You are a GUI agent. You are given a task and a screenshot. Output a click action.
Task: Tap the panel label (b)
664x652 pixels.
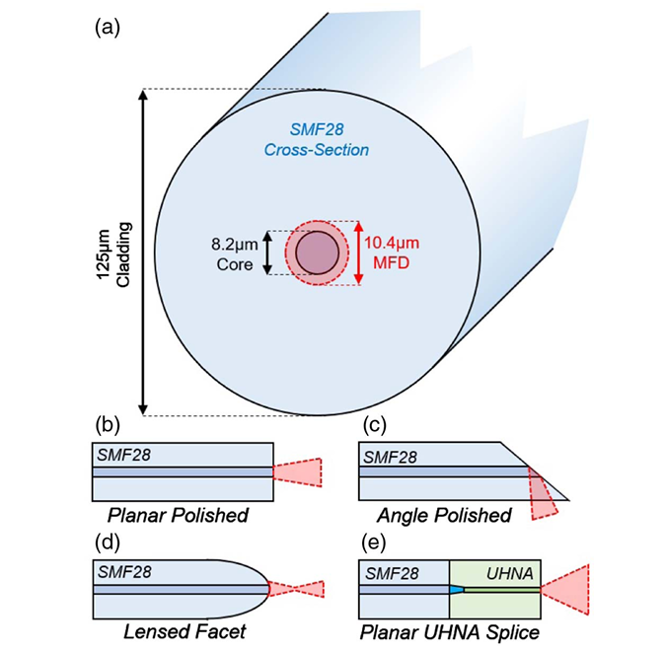tap(107, 426)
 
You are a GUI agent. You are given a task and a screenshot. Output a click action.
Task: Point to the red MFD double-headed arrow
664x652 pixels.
tap(359, 253)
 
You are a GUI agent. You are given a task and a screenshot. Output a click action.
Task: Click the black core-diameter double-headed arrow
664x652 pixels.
tap(266, 253)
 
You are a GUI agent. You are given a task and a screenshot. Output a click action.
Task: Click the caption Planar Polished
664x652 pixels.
tap(179, 516)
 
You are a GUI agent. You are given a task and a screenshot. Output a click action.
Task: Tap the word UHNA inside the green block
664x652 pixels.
tap(512, 572)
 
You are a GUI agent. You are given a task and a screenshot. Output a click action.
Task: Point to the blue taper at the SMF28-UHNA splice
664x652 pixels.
tap(456, 590)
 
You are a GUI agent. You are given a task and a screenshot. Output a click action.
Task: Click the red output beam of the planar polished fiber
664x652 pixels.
tap(303, 473)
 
